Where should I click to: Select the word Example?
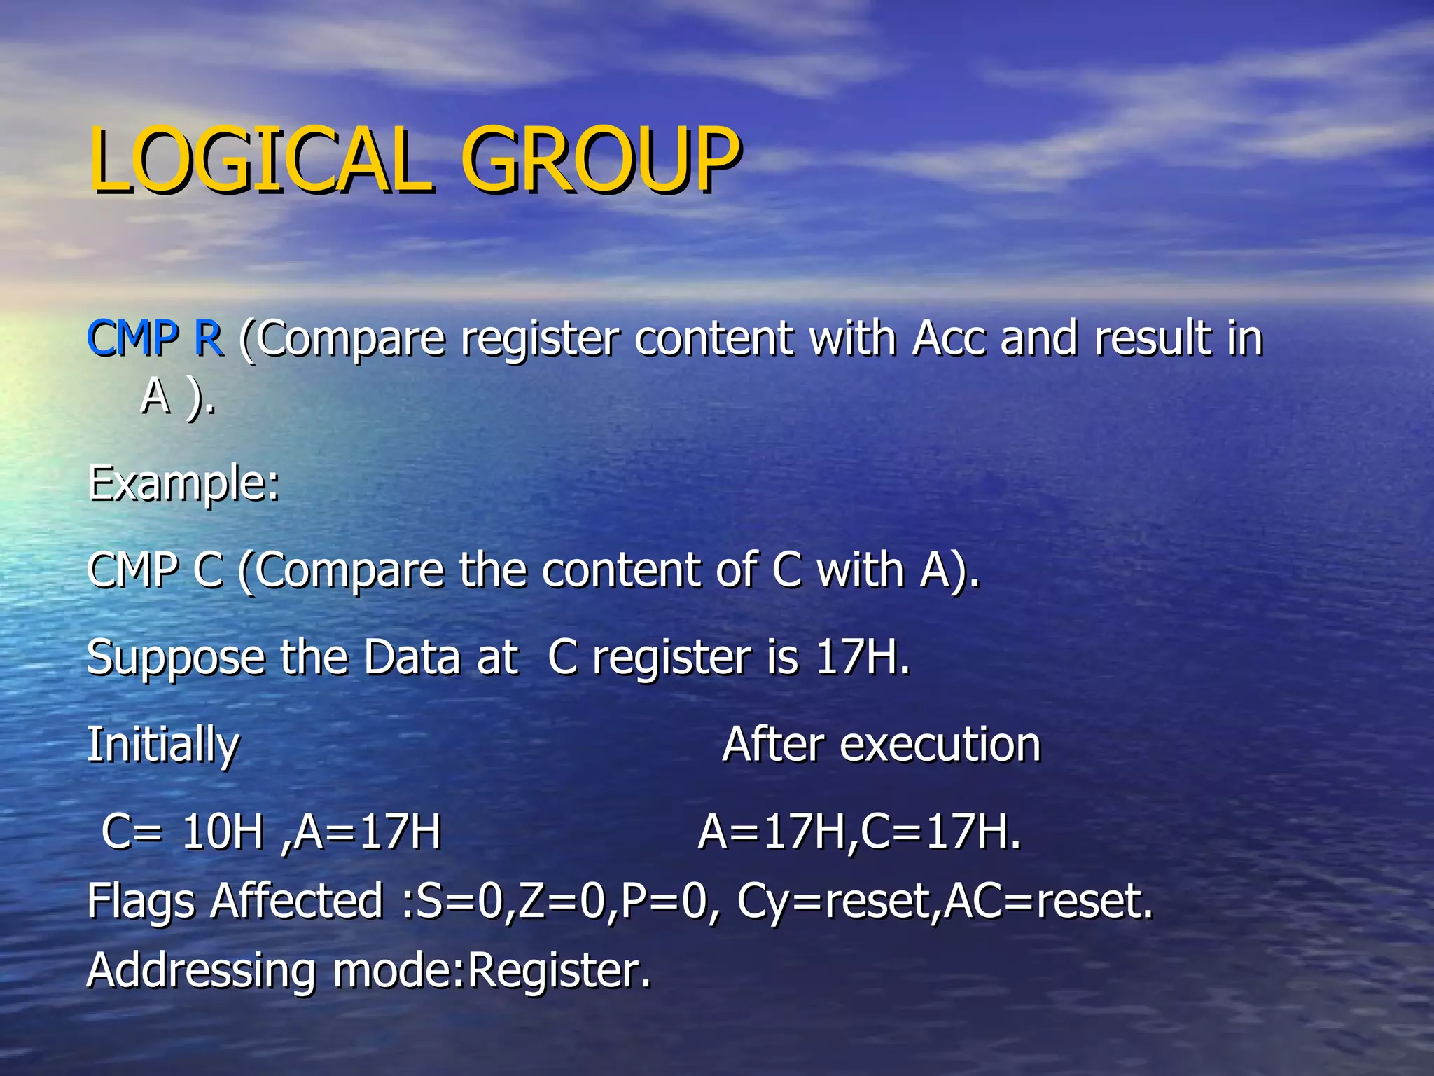click(183, 483)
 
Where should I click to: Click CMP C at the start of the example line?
click(155, 570)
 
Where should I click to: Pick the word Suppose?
click(176, 658)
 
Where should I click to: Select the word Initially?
click(163, 745)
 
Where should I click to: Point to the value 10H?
click(222, 832)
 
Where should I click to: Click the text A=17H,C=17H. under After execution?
click(860, 832)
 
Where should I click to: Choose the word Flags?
click(141, 901)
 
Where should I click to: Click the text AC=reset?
click(1048, 901)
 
